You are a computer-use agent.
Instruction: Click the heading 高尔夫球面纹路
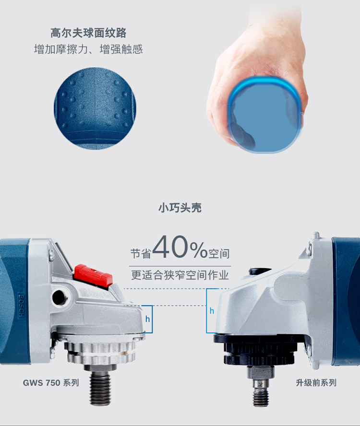coord(88,33)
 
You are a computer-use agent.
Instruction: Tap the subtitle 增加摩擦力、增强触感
coord(88,49)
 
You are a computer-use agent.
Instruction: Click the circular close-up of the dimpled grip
coord(95,108)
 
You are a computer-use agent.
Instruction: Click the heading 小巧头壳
coord(180,208)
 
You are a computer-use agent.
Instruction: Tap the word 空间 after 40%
coord(218,253)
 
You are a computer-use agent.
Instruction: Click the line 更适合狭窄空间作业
coord(180,275)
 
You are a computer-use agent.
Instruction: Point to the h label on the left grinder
coord(148,319)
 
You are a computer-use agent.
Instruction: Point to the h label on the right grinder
coord(212,311)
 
